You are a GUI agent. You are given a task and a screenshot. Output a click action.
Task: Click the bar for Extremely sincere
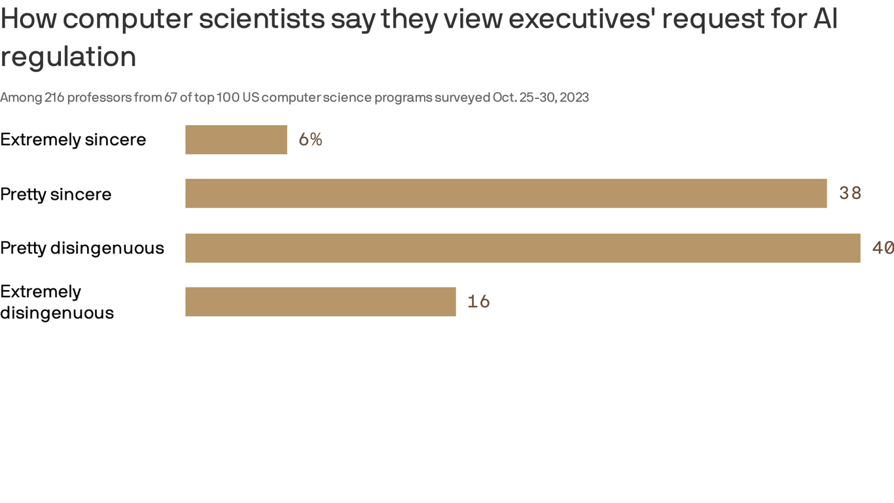[236, 140]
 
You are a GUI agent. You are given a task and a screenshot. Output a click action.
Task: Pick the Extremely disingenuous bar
[321, 302]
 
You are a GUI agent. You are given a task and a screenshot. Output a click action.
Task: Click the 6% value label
[310, 140]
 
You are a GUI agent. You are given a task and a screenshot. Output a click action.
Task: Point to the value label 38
[850, 193]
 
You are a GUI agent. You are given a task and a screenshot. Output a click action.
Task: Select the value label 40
[882, 248]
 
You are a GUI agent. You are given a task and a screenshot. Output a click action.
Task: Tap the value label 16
[478, 301]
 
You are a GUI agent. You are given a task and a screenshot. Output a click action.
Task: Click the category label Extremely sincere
[73, 140]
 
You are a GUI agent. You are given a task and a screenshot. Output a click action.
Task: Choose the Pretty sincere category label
[56, 195]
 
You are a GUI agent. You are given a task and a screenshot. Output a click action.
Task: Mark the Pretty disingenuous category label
[82, 248]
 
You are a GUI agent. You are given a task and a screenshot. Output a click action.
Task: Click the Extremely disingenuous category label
[57, 302]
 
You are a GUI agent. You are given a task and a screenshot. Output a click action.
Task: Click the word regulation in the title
[68, 57]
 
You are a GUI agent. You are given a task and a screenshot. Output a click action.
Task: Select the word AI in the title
[825, 19]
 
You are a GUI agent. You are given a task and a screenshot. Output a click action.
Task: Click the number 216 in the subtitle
[54, 98]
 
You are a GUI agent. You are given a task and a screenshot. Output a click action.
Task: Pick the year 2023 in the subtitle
[574, 98]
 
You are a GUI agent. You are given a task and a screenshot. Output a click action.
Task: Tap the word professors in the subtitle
[99, 98]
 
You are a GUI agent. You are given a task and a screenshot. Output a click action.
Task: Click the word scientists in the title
[262, 19]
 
